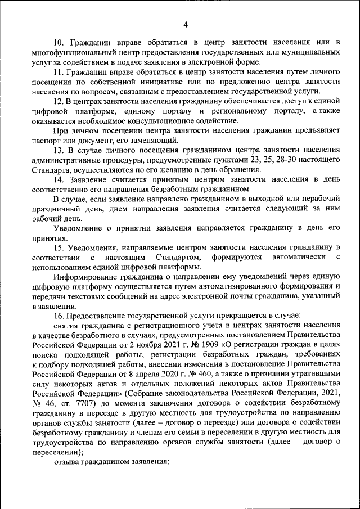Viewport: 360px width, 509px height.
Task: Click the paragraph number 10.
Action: click(x=58, y=43)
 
